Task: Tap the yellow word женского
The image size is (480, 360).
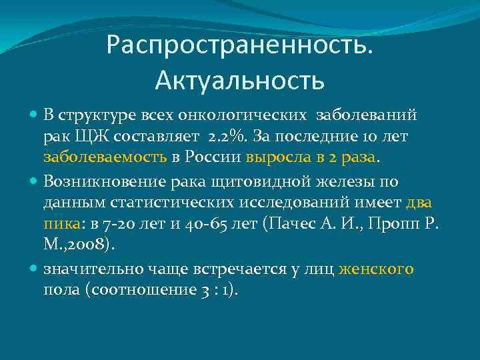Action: point(376,269)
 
